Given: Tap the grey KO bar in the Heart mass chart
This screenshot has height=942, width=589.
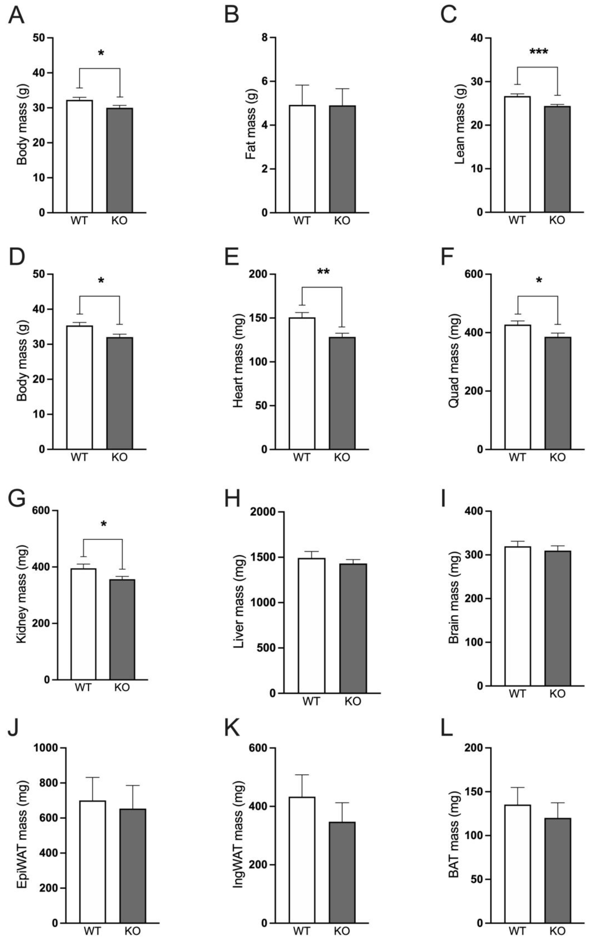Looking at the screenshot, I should coord(342,393).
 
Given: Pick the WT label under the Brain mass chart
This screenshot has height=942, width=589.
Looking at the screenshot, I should coord(517,694).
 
